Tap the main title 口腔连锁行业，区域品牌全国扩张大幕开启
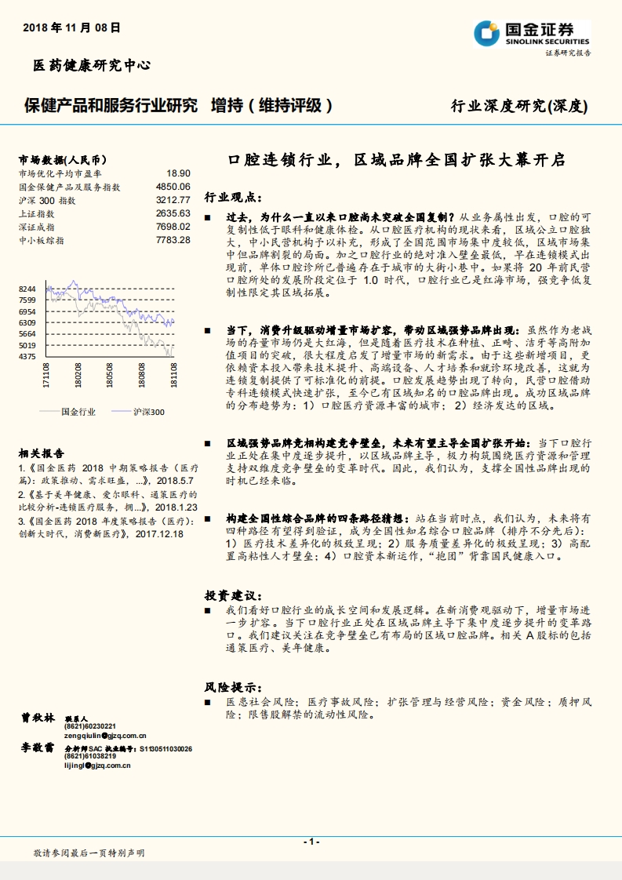pos(396,160)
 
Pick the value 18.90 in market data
pos(178,173)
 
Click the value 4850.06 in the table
pos(173,187)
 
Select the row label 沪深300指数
pos(46,200)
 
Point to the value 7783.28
pos(173,239)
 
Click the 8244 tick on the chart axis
pos(27,289)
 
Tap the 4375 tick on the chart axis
pos(27,357)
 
